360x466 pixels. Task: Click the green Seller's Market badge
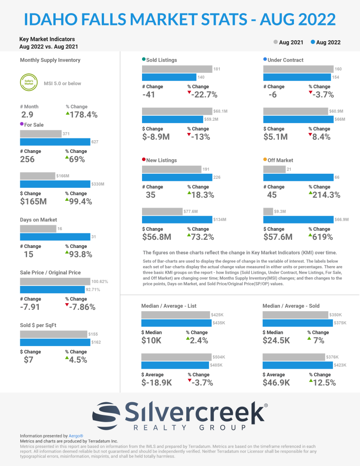[x=27, y=83]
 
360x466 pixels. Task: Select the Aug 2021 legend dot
[x=276, y=42]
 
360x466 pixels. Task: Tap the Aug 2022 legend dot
[x=313, y=42]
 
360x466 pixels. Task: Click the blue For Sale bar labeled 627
[x=55, y=142]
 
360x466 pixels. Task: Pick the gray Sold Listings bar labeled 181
[x=177, y=69]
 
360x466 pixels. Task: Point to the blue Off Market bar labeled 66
[x=298, y=177]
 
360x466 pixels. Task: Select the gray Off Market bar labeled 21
[x=274, y=169]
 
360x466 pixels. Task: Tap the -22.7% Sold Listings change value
[x=204, y=95]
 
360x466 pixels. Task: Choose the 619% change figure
[x=322, y=237]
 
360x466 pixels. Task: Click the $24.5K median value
[x=276, y=341]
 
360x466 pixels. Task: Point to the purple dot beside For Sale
[x=22, y=124]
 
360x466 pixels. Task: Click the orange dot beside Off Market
[x=265, y=160]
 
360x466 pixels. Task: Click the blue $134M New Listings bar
[x=177, y=219]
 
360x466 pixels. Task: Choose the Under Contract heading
[x=285, y=60]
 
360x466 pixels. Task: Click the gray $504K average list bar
[x=176, y=357]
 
